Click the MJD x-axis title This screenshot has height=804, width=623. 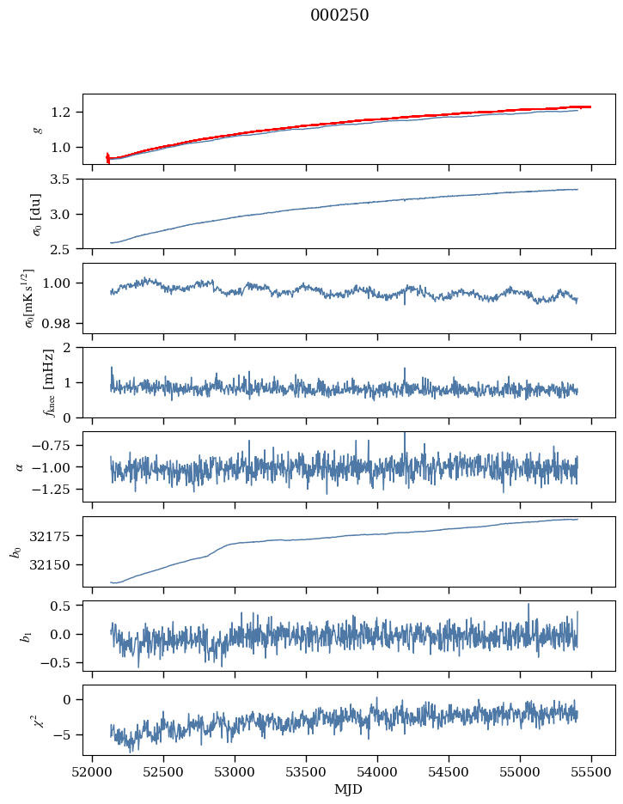click(349, 789)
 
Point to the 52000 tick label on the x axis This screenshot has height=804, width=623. click(93, 772)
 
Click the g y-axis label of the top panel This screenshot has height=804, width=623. click(36, 129)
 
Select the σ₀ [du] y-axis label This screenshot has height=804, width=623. click(36, 213)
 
